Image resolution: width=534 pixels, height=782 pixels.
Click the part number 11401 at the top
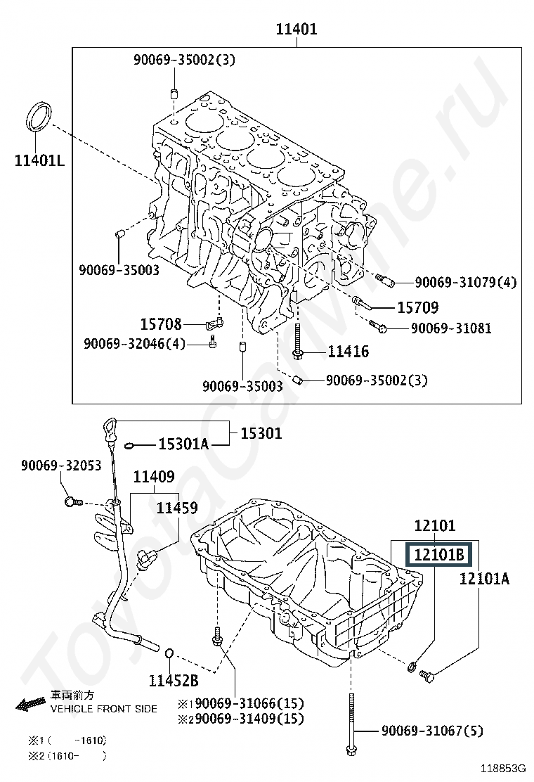[297, 29]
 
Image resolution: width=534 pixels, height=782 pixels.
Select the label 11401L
[39, 160]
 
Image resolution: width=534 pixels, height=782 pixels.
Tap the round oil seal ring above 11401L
[39, 117]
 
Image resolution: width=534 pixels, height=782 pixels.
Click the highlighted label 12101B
[439, 554]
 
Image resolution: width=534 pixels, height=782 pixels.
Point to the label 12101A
[484, 578]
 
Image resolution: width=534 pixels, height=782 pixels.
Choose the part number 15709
[417, 307]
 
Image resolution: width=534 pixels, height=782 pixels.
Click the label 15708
[161, 324]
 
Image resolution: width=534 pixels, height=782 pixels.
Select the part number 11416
[349, 352]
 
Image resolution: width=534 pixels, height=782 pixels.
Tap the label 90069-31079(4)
[466, 282]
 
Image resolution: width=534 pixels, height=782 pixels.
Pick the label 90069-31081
[451, 328]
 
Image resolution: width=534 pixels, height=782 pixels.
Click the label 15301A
[183, 444]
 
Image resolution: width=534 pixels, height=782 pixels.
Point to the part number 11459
[177, 508]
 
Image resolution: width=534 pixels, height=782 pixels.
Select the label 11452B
[174, 680]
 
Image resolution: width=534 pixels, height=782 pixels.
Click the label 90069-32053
[60, 466]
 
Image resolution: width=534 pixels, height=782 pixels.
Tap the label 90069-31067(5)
[432, 731]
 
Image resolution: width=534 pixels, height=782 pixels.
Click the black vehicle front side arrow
[32, 704]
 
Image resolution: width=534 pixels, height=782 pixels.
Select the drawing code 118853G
[503, 767]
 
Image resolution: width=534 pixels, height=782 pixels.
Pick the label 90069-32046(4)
[134, 344]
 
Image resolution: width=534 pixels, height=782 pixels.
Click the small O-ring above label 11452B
[169, 653]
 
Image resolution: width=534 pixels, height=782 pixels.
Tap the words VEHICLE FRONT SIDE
[103, 709]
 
